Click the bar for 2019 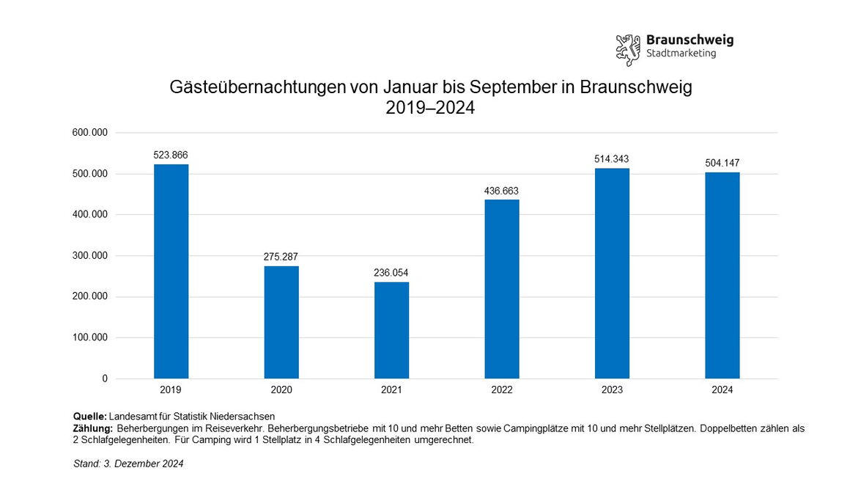[171, 271]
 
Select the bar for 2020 [281, 322]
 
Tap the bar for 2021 [391, 330]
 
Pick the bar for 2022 [502, 289]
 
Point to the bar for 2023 [612, 274]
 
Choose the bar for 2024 [722, 276]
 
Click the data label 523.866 [171, 155]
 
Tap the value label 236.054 [391, 273]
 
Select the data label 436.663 [501, 191]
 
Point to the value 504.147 [722, 163]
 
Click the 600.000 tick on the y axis [90, 133]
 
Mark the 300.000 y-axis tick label [90, 256]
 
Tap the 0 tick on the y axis [105, 379]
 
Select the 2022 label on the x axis [502, 390]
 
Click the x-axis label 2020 [281, 390]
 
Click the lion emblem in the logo [628, 49]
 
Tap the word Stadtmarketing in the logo [681, 54]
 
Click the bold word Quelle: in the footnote [90, 417]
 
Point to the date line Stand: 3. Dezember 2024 [128, 464]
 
